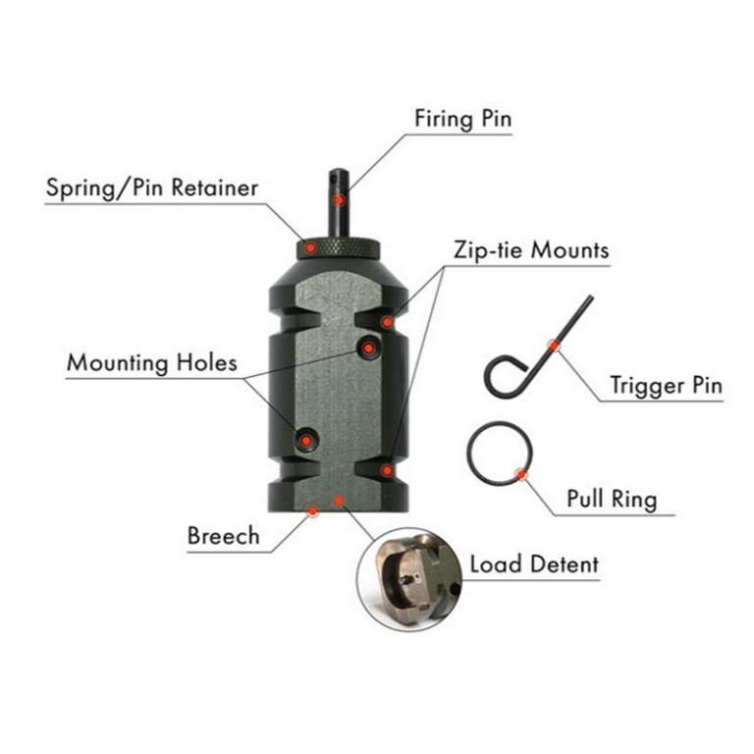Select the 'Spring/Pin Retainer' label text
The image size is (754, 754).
[151, 188]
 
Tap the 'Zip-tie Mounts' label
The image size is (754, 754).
[530, 249]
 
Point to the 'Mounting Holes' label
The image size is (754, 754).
[152, 362]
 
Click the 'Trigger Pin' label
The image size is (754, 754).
[665, 384]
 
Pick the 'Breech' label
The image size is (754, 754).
[223, 535]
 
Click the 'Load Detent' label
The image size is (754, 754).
[533, 565]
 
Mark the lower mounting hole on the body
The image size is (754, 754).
[306, 441]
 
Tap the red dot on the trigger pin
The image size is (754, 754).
[556, 345]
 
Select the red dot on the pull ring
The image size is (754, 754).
[521, 474]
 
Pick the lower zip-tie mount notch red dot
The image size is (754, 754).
[388, 470]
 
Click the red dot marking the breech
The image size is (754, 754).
[313, 509]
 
